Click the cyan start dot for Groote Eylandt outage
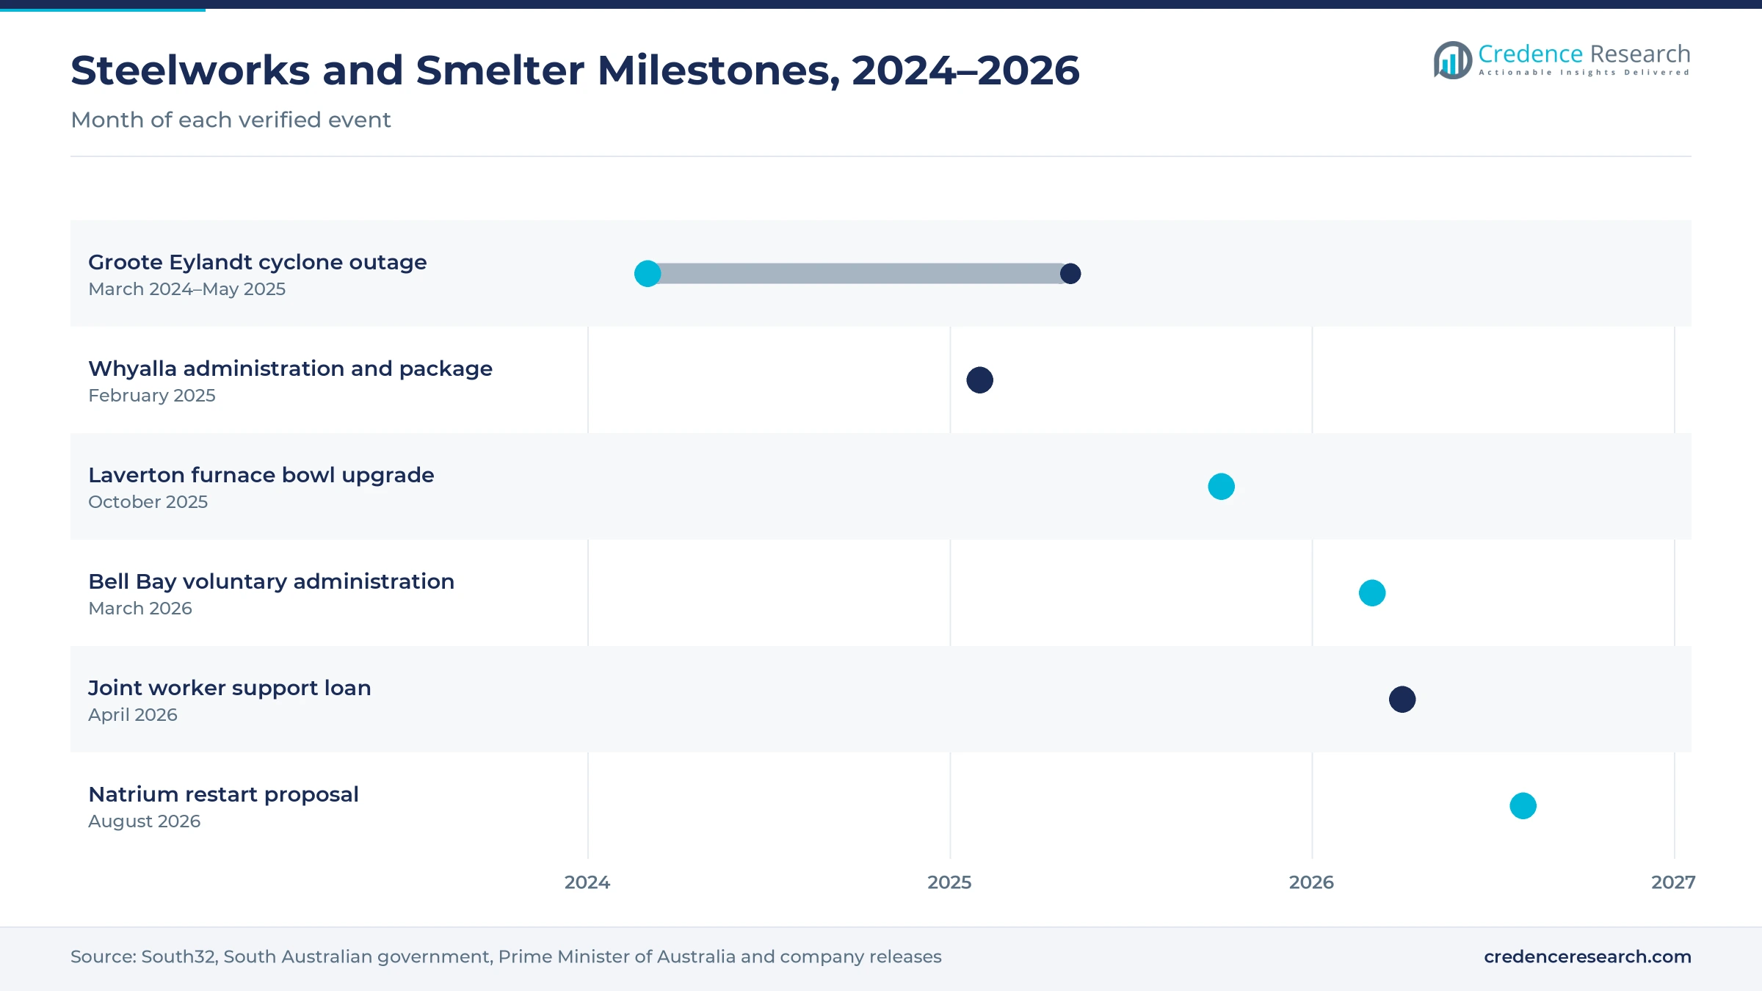click(648, 274)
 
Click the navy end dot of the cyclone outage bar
click(1070, 274)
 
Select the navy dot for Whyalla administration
click(980, 380)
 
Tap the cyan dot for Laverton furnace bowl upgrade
click(1222, 487)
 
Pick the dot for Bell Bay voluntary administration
click(1372, 593)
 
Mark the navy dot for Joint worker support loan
click(1402, 700)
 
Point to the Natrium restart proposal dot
click(1523, 806)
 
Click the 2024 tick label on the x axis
click(587, 882)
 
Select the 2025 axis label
click(949, 882)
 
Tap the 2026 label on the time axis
click(1311, 882)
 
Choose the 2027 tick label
click(1673, 882)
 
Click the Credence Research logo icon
click(1452, 60)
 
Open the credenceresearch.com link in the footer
click(1587, 956)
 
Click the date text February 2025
click(152, 396)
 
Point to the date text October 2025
click(148, 502)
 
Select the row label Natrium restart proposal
click(223, 794)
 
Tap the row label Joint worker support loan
click(230, 688)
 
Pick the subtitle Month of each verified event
click(231, 120)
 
